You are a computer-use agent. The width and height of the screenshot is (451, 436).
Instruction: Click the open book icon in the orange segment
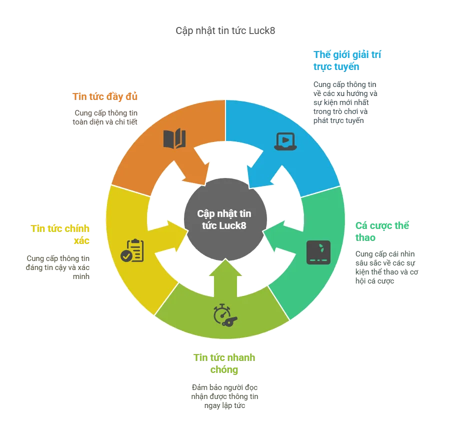pos(174,138)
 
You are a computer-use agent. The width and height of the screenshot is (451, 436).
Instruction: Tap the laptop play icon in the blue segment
pos(285,141)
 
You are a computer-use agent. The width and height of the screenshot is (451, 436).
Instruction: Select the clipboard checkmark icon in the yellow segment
pos(132,250)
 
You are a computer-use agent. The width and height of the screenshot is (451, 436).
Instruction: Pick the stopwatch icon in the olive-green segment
pos(224,314)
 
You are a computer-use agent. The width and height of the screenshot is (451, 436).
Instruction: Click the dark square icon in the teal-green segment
pos(318,252)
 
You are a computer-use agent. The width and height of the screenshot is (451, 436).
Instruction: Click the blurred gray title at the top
pos(225,30)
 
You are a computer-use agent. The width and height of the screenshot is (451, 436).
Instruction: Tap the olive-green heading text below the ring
pos(224,363)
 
